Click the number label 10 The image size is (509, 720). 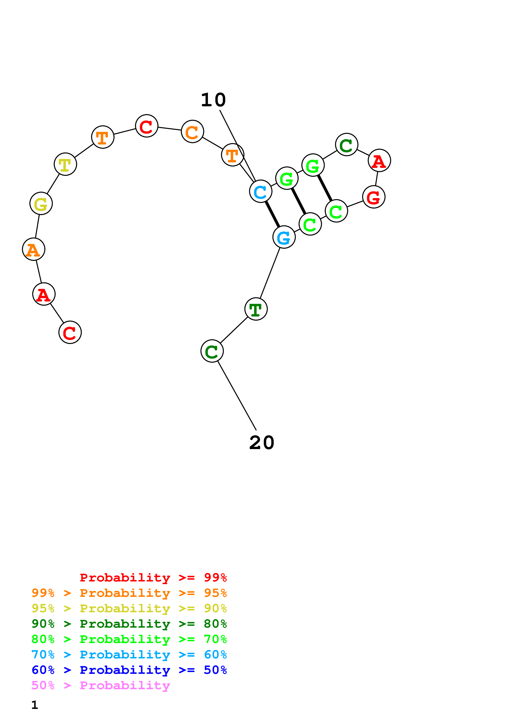[213, 100]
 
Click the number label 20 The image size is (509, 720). [262, 443]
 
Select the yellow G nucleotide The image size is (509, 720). [41, 204]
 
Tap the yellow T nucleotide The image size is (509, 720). [65, 164]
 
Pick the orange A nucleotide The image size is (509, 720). [33, 249]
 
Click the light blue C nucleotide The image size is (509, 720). [260, 191]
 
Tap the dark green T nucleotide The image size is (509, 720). [256, 309]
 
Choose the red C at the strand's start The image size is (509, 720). [70, 332]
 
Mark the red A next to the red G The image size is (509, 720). [379, 161]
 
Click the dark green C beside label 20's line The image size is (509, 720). [212, 351]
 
